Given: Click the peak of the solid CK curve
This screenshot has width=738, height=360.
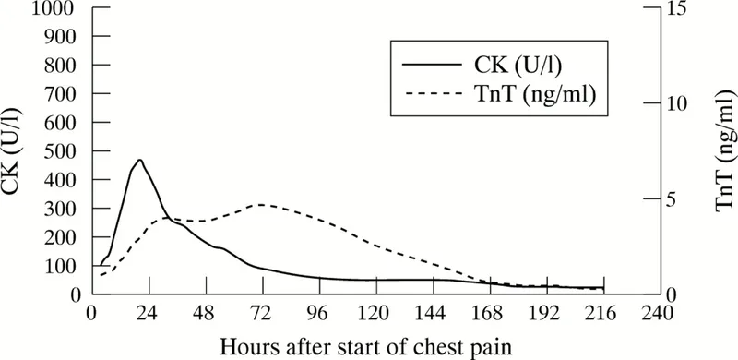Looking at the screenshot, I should coord(140,160).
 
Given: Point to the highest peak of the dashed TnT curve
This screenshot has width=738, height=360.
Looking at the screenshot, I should coord(262,204).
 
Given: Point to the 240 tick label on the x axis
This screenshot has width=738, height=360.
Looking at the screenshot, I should coord(661,312).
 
